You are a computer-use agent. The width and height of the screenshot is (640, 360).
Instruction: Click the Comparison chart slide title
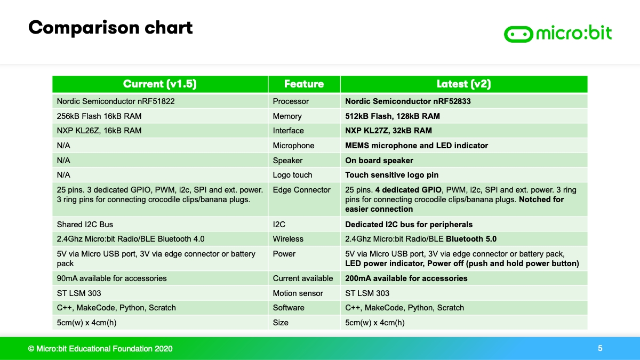coord(110,28)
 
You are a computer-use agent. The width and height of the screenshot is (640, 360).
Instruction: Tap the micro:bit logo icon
coord(518,34)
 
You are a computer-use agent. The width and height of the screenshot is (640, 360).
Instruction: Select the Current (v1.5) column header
coord(159,84)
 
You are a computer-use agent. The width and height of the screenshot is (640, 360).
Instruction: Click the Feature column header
coord(304,84)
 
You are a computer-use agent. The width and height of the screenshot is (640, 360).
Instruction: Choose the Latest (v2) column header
coord(463,84)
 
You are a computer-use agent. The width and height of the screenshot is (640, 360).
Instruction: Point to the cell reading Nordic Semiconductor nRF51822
coord(116,101)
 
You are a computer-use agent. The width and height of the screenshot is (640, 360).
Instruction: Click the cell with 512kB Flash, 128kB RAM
coord(393,116)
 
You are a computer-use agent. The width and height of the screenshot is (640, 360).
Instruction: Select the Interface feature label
coord(288,131)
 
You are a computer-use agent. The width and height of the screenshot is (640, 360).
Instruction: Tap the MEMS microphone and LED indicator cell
coord(417,146)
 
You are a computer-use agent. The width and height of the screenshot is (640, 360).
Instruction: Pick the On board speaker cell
coord(379,161)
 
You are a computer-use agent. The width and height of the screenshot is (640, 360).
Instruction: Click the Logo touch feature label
coord(292,175)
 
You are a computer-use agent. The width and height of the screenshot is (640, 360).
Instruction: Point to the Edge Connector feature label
coord(301,190)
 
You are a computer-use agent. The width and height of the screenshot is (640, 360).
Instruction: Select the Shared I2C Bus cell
coord(85,225)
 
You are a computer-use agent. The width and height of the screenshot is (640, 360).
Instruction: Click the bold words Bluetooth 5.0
coord(471,239)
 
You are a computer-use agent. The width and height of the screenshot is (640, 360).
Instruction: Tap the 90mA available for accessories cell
coord(111,278)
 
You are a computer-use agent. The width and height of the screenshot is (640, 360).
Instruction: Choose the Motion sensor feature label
coord(298,293)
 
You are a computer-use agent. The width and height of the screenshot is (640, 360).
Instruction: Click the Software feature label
coord(289,308)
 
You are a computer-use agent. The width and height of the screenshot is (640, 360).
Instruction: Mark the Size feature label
coord(281,323)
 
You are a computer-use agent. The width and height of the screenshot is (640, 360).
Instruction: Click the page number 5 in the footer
coord(600,348)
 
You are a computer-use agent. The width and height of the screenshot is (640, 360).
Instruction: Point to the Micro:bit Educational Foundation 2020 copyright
coord(100,349)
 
